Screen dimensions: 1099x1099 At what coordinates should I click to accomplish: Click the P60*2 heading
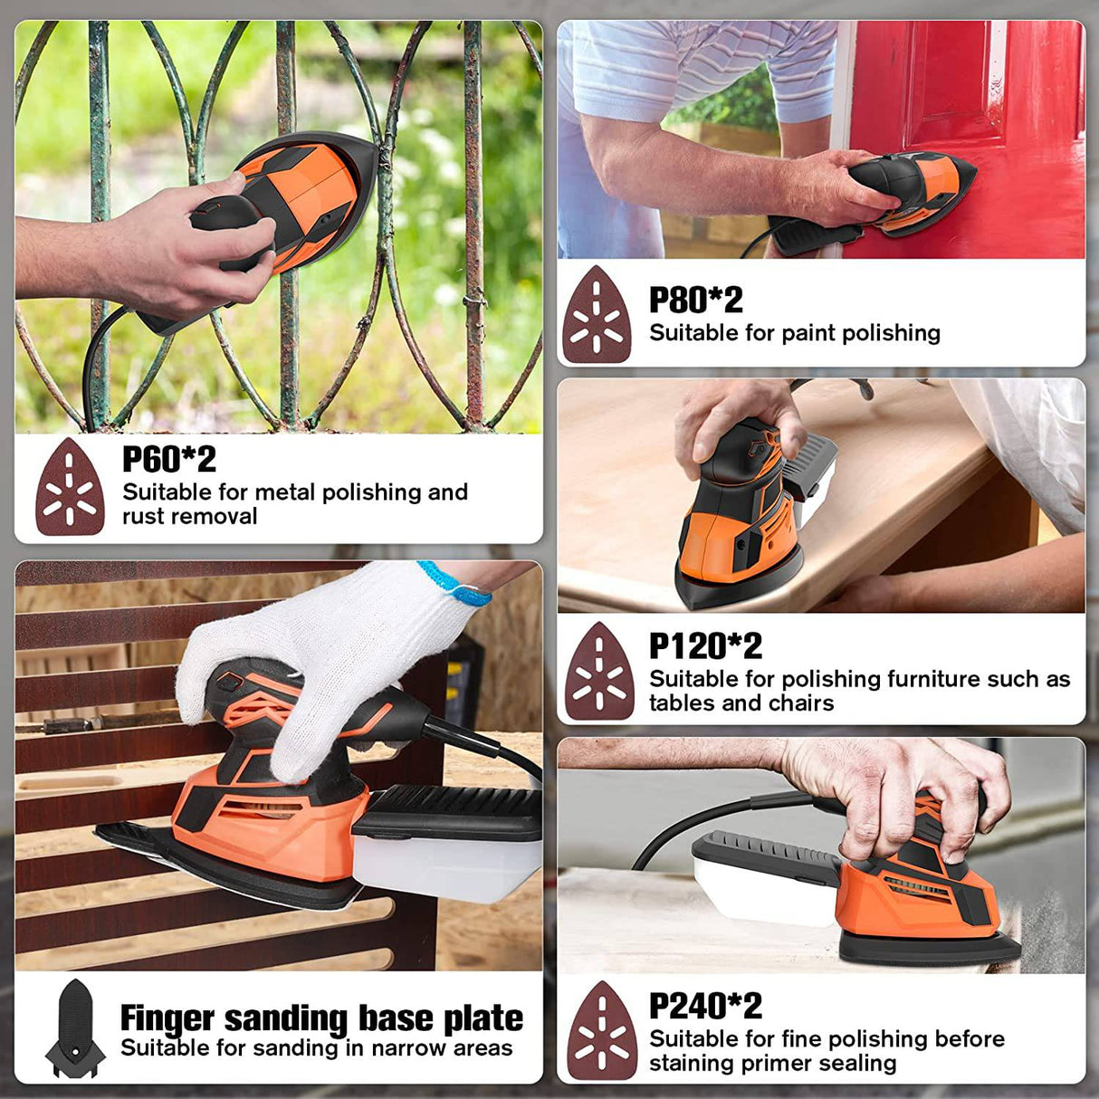point(169,459)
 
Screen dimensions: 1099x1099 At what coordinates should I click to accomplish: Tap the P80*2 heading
point(696,300)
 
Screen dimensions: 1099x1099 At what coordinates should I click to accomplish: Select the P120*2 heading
point(705,645)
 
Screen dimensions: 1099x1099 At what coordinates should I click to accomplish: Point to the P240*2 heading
point(705,1006)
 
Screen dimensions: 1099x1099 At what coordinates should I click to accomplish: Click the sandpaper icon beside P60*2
point(70,486)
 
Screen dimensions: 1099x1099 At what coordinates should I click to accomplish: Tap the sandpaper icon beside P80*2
point(597,314)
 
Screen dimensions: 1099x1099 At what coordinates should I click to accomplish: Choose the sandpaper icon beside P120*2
point(599,671)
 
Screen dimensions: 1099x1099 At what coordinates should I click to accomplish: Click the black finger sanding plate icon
point(75,1028)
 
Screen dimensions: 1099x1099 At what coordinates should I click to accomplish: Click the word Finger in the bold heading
point(167,1019)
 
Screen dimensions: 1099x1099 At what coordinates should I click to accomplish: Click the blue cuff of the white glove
point(456,583)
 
